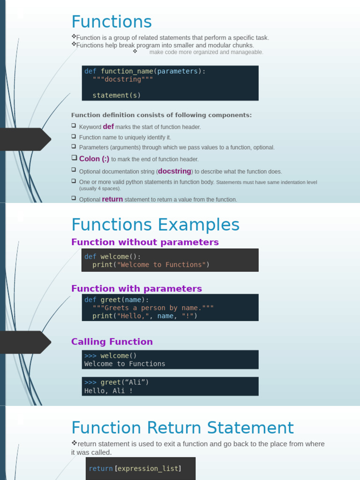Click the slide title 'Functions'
pos(112,22)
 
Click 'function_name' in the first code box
pos(127,71)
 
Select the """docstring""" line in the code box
pos(123,79)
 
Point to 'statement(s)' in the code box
pos(117,95)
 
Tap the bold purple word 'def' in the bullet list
pos(108,127)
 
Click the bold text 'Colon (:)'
pos(94,159)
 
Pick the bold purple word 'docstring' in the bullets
pos(174,171)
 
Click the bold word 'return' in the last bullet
pos(112,199)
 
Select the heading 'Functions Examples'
pos(155,225)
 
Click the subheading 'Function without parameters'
pos(145,242)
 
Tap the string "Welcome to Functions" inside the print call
pos(161,265)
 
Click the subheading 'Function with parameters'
pos(136,289)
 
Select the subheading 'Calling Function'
pos(112,342)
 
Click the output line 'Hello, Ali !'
pos(108,390)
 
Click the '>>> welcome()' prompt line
pos(111,356)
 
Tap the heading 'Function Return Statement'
pos(182,428)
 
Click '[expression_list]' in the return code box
pos(148,468)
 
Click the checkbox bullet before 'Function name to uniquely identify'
pos(74,136)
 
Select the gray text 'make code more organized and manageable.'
pos(206,52)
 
